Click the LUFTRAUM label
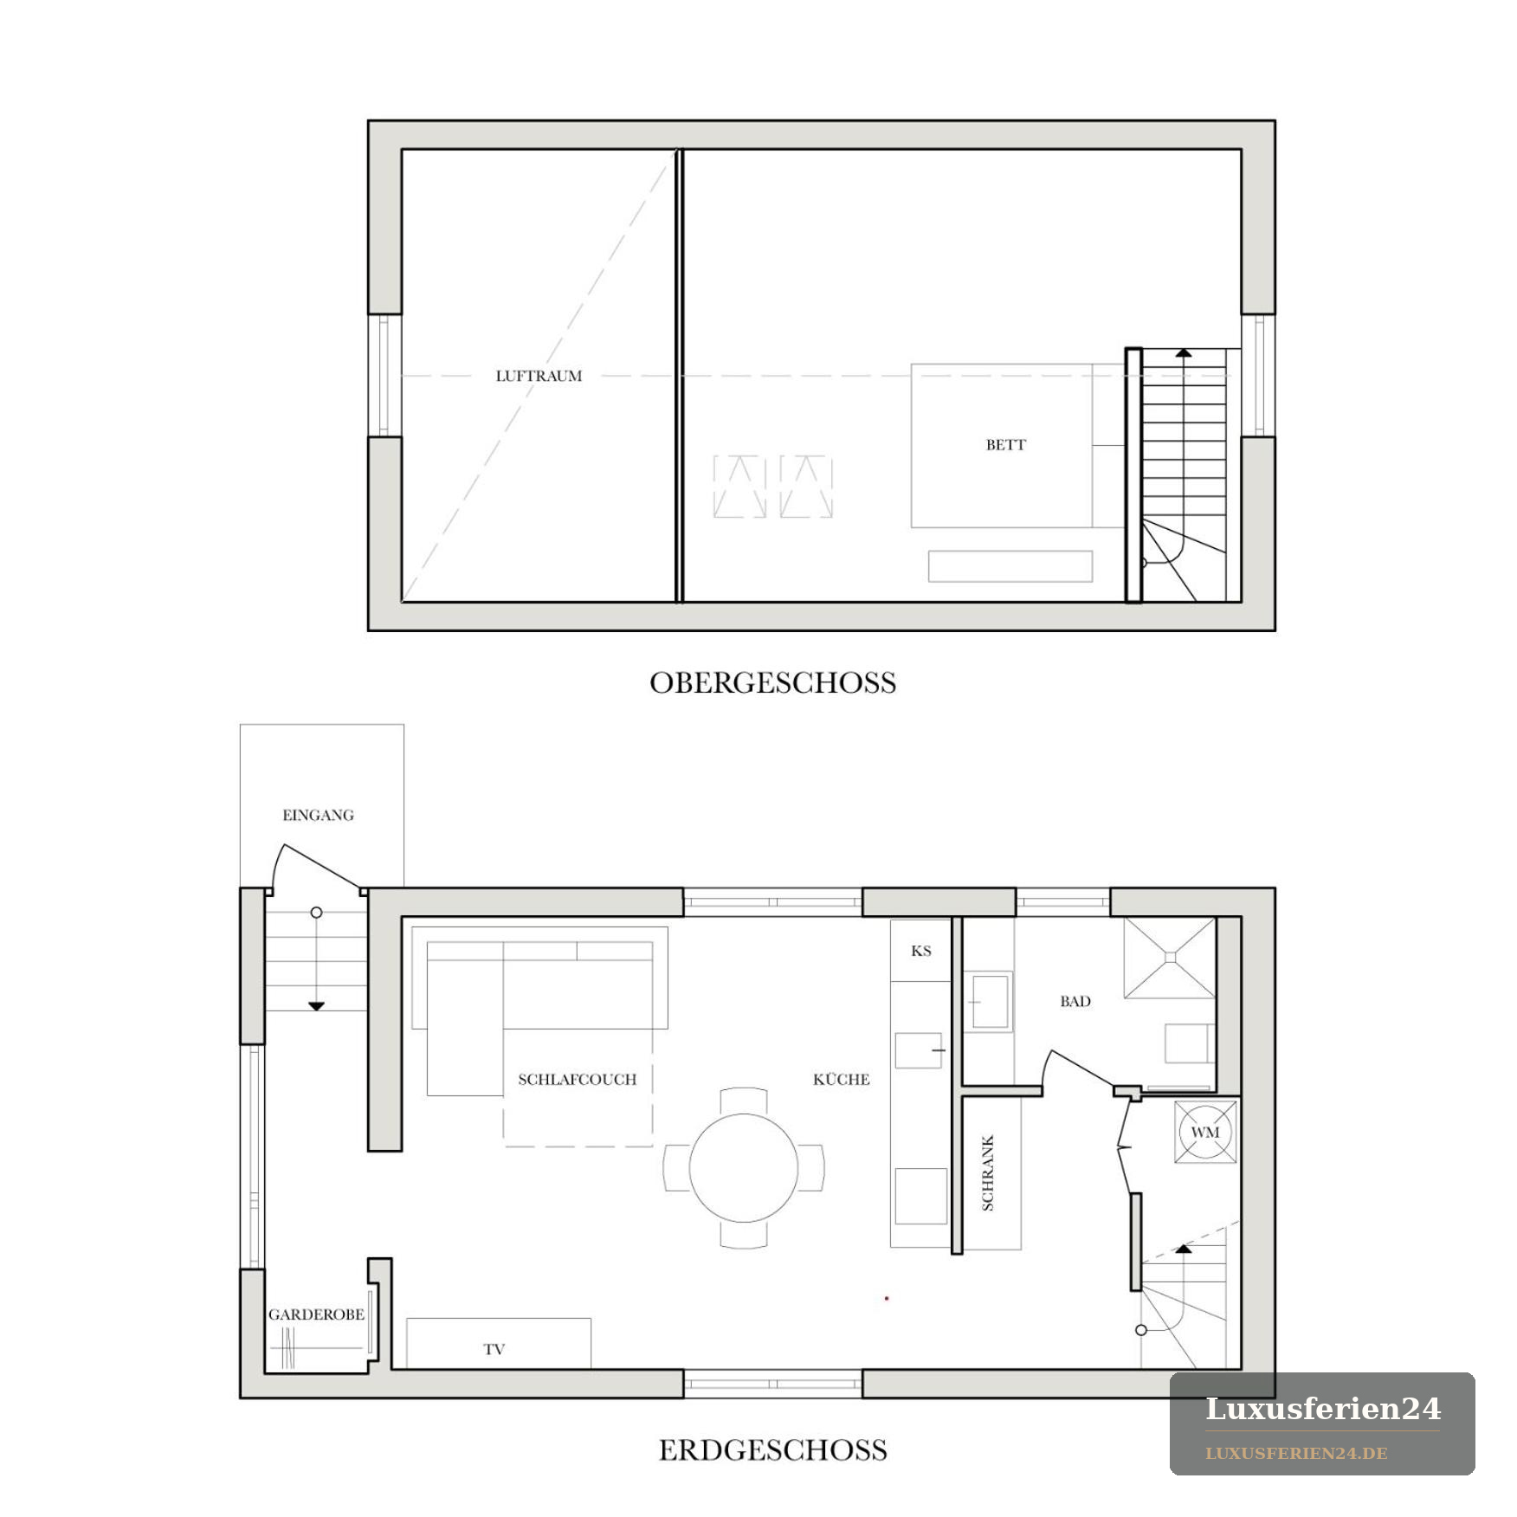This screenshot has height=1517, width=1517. point(539,376)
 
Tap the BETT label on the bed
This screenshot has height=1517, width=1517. point(1005,445)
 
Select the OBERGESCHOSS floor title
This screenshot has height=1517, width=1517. point(772,683)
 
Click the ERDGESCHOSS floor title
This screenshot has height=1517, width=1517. point(772,1450)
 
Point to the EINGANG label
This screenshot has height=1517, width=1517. point(318,815)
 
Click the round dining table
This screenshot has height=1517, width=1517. point(744,1168)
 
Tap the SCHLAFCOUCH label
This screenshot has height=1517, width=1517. point(577,1080)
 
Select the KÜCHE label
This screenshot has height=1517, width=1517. point(841,1079)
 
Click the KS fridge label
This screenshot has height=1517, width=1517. point(921,951)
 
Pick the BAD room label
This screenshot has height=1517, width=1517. point(1075,1002)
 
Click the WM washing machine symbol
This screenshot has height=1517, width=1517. point(1205,1132)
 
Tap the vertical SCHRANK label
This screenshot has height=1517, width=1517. point(988,1173)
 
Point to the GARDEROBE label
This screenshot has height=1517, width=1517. point(316,1314)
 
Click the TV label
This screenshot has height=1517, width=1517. point(494,1349)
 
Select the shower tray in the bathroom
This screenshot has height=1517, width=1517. point(1170,957)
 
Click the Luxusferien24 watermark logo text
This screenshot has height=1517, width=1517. point(1323,1409)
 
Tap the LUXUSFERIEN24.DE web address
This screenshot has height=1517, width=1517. point(1296,1453)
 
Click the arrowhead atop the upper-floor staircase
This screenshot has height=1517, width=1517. point(1183,352)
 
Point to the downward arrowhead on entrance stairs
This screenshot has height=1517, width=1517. point(316,1006)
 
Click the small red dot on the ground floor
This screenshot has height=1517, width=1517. point(887,1298)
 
